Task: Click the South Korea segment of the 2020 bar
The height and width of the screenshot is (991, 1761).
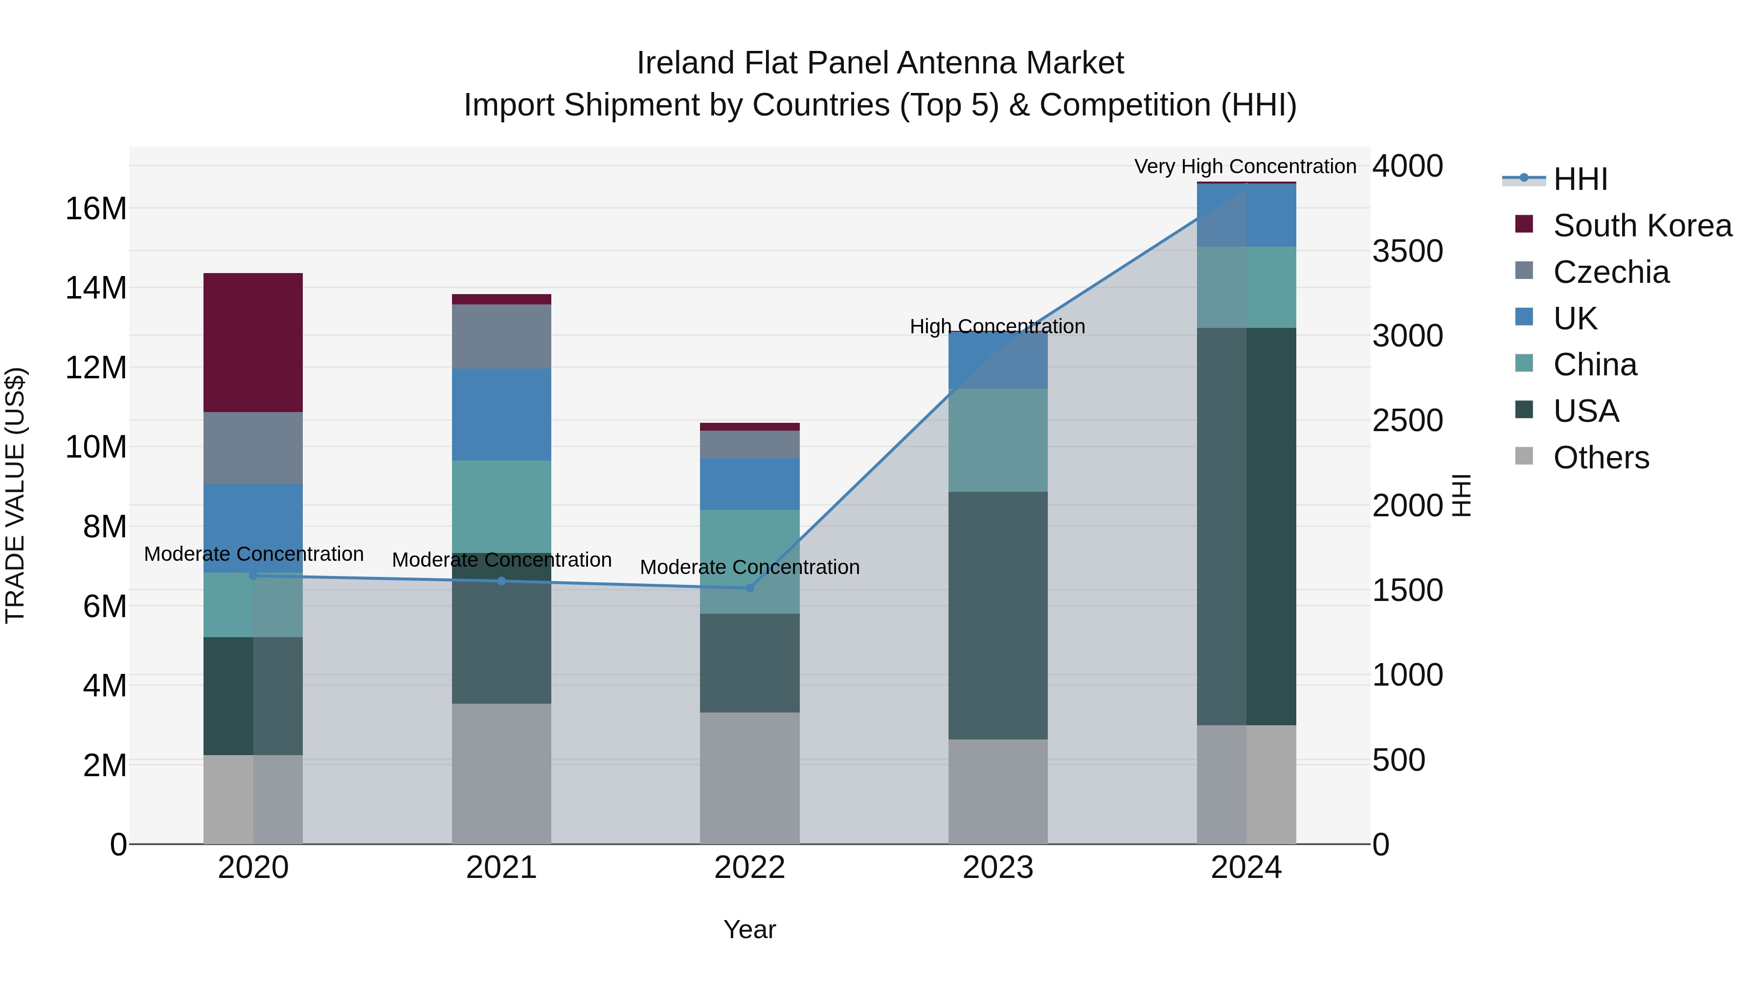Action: [253, 342]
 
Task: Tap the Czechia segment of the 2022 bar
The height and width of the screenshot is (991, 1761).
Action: [749, 444]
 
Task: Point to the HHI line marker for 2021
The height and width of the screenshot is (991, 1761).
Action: [501, 580]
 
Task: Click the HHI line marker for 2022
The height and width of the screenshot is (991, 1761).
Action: [749, 587]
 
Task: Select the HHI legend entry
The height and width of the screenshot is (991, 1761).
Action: [1579, 179]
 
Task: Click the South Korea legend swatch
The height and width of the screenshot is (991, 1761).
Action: [1524, 224]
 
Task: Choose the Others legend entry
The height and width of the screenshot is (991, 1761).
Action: [1600, 457]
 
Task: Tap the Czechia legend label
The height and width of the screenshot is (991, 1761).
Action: [1611, 272]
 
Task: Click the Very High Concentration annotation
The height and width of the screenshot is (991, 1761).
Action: [1245, 166]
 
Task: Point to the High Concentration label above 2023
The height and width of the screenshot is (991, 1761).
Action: [997, 326]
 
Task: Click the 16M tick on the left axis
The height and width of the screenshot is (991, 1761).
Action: [96, 208]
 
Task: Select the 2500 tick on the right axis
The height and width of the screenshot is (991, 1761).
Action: [1407, 420]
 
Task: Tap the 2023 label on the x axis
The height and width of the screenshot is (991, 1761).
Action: [997, 868]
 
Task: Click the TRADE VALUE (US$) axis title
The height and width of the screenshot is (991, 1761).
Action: [15, 495]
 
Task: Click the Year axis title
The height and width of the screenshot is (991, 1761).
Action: [749, 929]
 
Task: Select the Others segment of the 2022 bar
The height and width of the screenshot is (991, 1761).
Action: [749, 778]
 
